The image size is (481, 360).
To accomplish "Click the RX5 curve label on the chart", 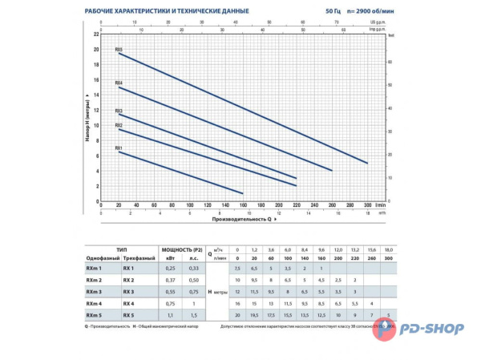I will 119,50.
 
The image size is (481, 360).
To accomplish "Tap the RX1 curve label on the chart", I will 119,148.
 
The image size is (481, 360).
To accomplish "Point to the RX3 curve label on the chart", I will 119,111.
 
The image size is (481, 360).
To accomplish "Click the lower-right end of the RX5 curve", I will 367,163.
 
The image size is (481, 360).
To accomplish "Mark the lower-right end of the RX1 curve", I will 242,193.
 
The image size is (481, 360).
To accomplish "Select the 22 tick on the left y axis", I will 96,34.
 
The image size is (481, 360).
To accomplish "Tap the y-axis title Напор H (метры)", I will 87,118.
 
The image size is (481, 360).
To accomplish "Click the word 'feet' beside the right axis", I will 392,35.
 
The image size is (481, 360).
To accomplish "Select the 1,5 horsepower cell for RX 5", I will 193,317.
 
